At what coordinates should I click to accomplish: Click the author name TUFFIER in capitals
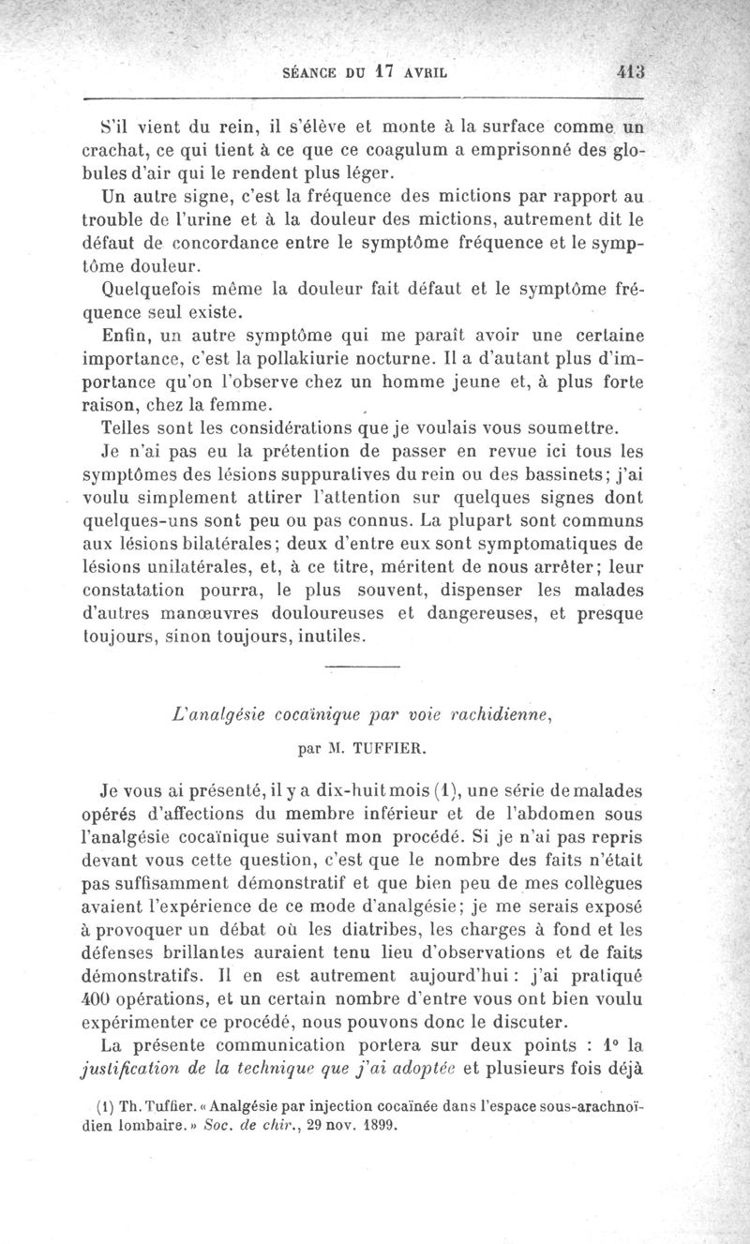387,749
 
